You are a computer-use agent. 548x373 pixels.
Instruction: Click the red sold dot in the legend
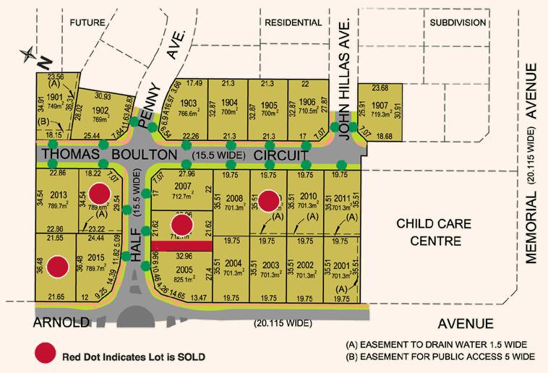[x=44, y=355]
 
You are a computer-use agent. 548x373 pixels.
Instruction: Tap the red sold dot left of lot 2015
[x=60, y=267]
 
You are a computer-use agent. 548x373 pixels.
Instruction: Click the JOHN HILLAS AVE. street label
[x=345, y=80]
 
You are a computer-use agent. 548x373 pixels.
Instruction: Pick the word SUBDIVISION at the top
[x=458, y=22]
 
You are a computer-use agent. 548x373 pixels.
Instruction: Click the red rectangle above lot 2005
[x=185, y=246]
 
